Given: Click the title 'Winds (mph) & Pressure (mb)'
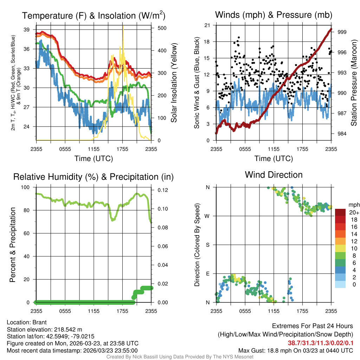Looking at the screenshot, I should click(x=274, y=15).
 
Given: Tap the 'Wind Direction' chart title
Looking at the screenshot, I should click(x=274, y=175).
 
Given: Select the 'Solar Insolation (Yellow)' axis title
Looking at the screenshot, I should click(x=174, y=83).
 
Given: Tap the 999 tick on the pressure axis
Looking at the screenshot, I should click(x=342, y=32).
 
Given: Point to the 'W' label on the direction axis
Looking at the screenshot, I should click(x=207, y=216).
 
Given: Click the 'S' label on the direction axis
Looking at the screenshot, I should click(x=208, y=245).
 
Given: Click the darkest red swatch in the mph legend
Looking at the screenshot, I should click(x=341, y=212).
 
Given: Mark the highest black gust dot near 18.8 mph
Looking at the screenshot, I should click(x=239, y=37).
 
